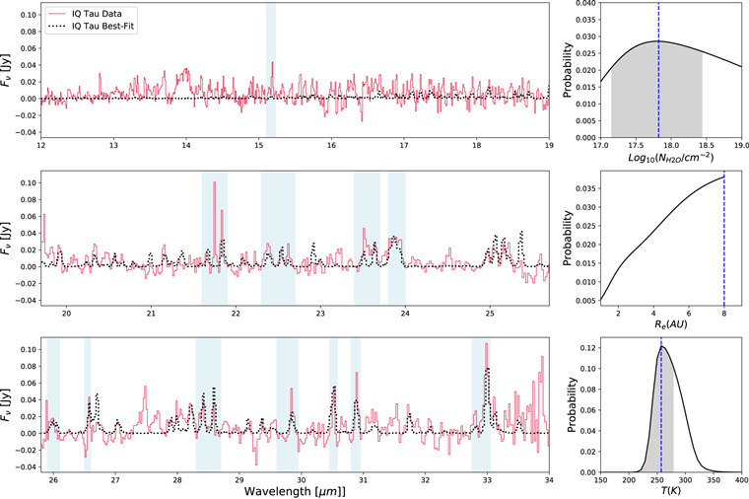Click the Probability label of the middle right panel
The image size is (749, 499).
pos(569,237)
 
